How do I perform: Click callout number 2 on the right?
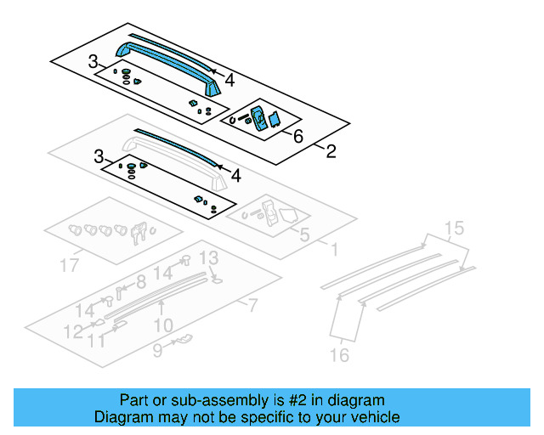331,152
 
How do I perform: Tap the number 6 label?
297,136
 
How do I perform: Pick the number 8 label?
141,281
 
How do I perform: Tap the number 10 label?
163,325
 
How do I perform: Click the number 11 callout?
98,341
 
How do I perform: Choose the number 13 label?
207,257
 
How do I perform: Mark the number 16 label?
339,356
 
